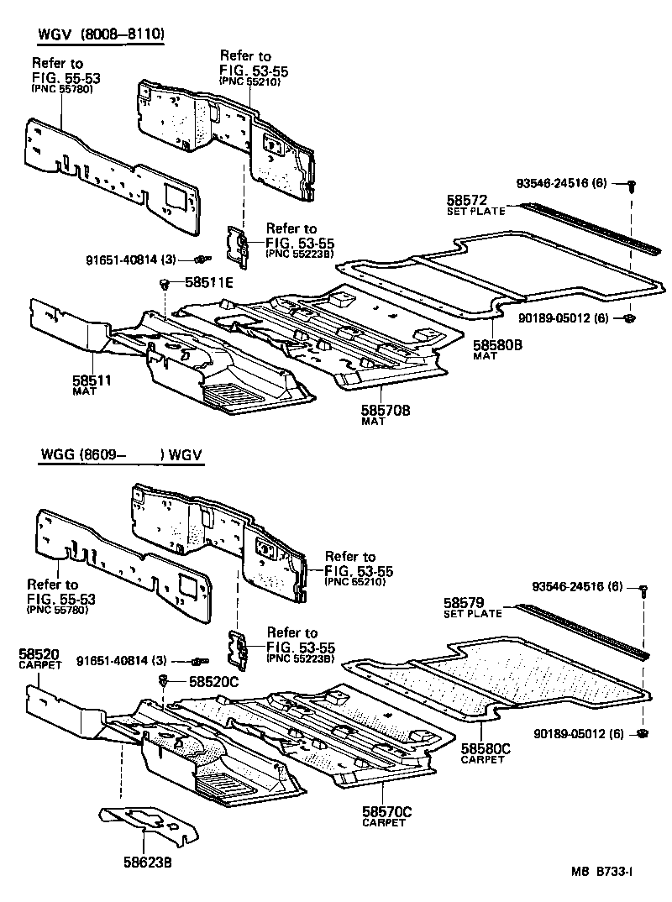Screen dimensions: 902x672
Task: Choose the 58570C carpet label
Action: click(x=386, y=811)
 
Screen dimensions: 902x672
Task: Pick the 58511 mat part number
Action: click(x=92, y=380)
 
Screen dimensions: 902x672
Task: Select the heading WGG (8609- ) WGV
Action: click(x=121, y=457)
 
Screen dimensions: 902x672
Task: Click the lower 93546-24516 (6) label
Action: click(x=577, y=586)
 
